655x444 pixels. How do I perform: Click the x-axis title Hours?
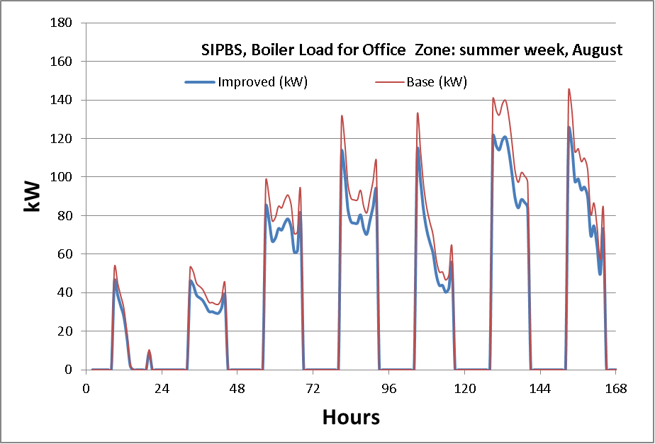pyautogui.click(x=351, y=417)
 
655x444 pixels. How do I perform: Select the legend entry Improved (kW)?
pyautogui.click(x=262, y=81)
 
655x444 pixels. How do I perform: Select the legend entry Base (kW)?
pyautogui.click(x=436, y=81)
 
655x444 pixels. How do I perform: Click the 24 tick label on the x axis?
pyautogui.click(x=162, y=389)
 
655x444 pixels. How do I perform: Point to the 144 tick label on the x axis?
pyautogui.click(x=540, y=389)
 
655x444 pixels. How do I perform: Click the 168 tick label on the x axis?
pyautogui.click(x=616, y=389)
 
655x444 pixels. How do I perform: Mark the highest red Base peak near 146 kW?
pyautogui.click(x=569, y=89)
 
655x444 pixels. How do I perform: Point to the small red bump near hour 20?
pyautogui.click(x=149, y=350)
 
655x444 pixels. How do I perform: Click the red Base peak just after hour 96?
pyautogui.click(x=418, y=113)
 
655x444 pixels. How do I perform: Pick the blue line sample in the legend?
pyautogui.click(x=200, y=81)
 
